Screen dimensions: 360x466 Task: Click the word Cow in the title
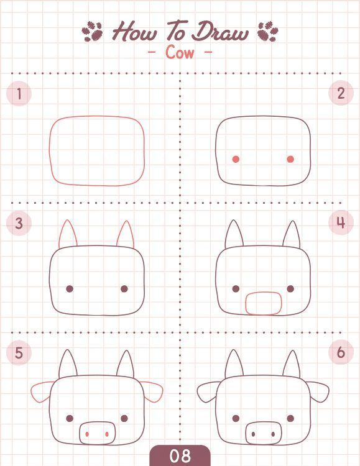[180, 52]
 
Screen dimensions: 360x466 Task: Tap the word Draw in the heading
[219, 32]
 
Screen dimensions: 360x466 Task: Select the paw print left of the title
[92, 31]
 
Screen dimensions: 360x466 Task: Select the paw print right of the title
[268, 31]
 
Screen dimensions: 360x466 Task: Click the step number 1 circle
[19, 93]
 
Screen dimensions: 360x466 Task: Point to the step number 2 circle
[341, 93]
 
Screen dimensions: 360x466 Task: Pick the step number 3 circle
[19, 223]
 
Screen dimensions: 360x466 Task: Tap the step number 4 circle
[341, 222]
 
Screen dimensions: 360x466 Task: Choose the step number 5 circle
[19, 352]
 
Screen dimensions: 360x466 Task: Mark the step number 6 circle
[341, 352]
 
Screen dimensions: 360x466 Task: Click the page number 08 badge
[180, 455]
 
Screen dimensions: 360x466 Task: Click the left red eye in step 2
[236, 159]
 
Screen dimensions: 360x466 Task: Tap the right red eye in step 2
[290, 159]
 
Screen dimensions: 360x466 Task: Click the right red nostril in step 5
[107, 434]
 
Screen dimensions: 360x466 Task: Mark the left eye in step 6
[236, 418]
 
